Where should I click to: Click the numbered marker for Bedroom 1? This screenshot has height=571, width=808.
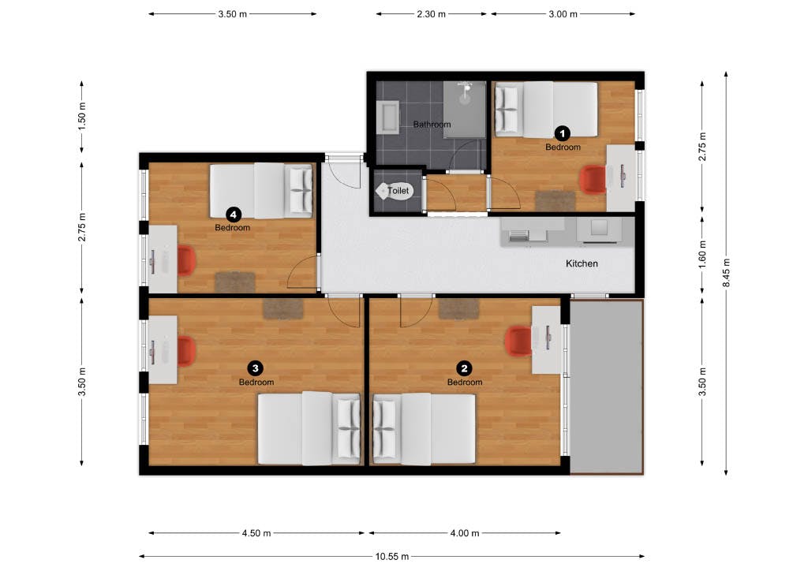pos(563,133)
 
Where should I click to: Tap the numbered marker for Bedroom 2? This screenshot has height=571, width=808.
pos(465,368)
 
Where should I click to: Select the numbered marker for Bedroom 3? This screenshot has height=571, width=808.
pos(255,368)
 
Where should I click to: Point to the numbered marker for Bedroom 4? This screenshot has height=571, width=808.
pos(233,213)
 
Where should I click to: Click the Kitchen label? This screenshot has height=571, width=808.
pos(582,263)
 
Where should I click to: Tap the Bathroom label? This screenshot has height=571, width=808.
pos(432,125)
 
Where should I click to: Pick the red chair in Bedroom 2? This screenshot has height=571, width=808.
pos(517,340)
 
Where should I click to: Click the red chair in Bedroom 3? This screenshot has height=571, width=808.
pos(185,351)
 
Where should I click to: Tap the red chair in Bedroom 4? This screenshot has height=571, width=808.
pos(185,261)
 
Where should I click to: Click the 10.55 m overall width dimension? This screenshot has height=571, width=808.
pos(392,556)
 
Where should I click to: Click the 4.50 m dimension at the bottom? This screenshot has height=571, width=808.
pos(256,533)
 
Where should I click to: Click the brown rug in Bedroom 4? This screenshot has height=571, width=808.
pos(235,281)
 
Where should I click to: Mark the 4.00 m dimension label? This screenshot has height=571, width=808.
pos(464,533)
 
